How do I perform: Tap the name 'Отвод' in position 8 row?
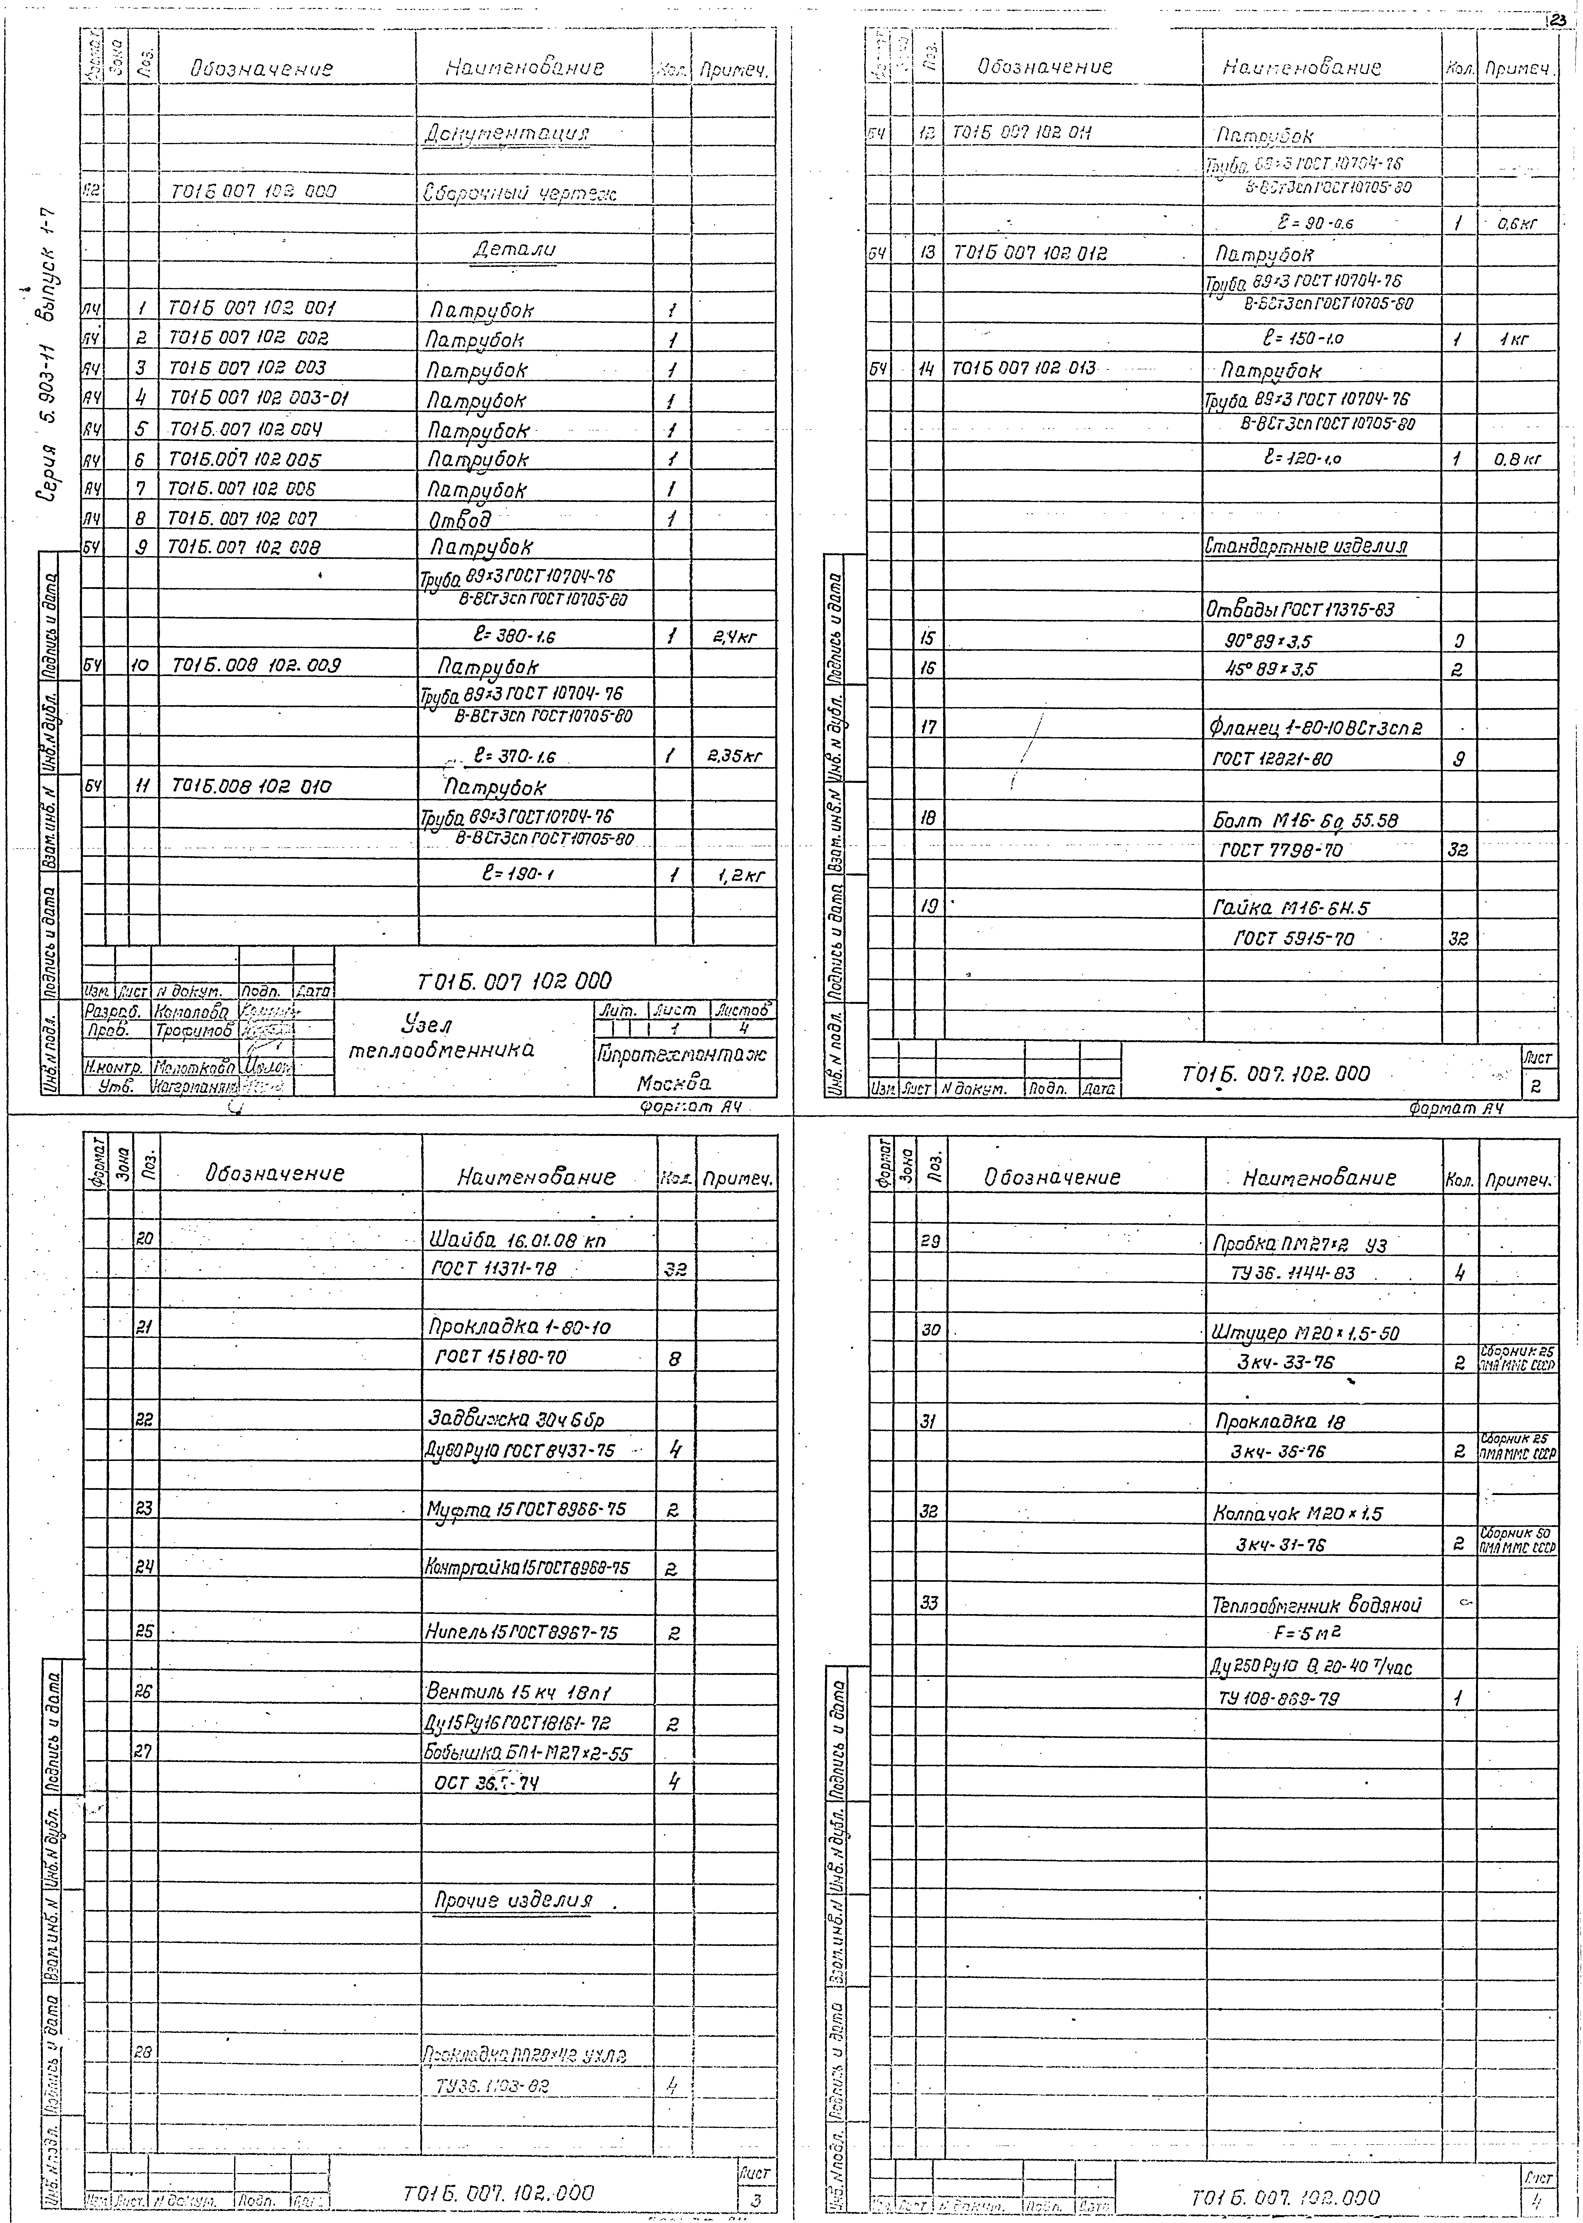point(460,518)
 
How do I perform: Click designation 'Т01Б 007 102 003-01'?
point(259,398)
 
